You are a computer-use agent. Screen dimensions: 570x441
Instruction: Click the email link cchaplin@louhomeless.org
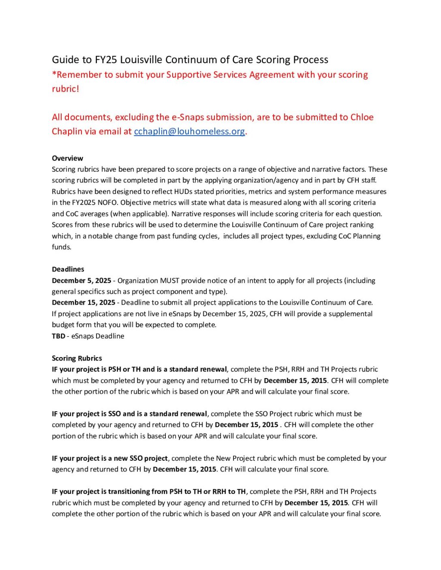tap(189, 132)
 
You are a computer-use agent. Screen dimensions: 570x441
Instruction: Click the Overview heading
tap(67, 158)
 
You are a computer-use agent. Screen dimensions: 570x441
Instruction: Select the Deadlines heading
tap(68, 269)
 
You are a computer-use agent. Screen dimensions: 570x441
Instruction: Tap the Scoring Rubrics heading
tap(77, 358)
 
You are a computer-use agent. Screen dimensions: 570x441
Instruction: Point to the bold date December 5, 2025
tap(81, 280)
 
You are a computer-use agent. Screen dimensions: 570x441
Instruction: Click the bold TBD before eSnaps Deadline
tap(58, 336)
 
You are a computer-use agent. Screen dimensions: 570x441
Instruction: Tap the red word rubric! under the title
tap(65, 89)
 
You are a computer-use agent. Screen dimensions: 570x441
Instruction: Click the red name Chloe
tap(362, 117)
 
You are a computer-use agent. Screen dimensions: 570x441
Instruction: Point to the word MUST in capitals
tap(169, 280)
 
